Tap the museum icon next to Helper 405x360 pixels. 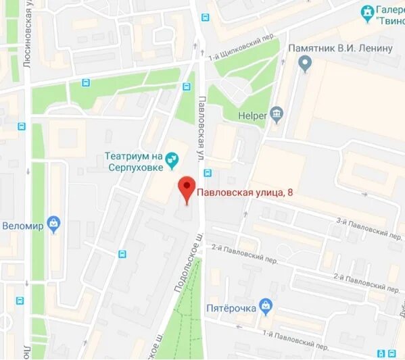(276, 115)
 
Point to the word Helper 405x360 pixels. (252, 115)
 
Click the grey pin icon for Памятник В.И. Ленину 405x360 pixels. (305, 64)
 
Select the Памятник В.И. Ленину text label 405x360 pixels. (340, 48)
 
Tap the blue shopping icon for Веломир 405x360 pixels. (54, 224)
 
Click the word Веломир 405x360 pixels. (23, 225)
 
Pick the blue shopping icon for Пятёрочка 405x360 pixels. (266, 308)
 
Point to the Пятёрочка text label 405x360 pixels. (231, 309)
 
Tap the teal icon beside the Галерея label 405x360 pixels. (367, 12)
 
